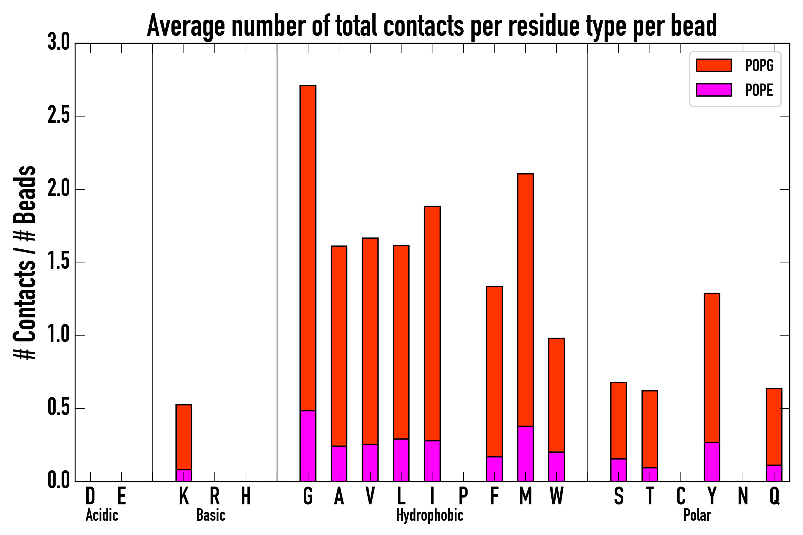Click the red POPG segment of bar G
click(308, 248)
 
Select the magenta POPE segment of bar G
click(308, 446)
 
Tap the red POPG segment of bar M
click(525, 300)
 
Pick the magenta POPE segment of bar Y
click(712, 462)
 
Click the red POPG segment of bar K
click(184, 437)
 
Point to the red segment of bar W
click(556, 395)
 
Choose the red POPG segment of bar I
click(432, 323)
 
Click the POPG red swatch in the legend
click(713, 65)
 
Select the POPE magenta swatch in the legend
click(713, 90)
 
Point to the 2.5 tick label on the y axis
click(58, 116)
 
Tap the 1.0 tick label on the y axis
click(58, 335)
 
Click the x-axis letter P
click(463, 496)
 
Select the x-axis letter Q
click(774, 496)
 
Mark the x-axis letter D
click(90, 496)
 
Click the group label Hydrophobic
click(429, 515)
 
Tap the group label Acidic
click(102, 515)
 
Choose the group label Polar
click(697, 515)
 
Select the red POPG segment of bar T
click(649, 429)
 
